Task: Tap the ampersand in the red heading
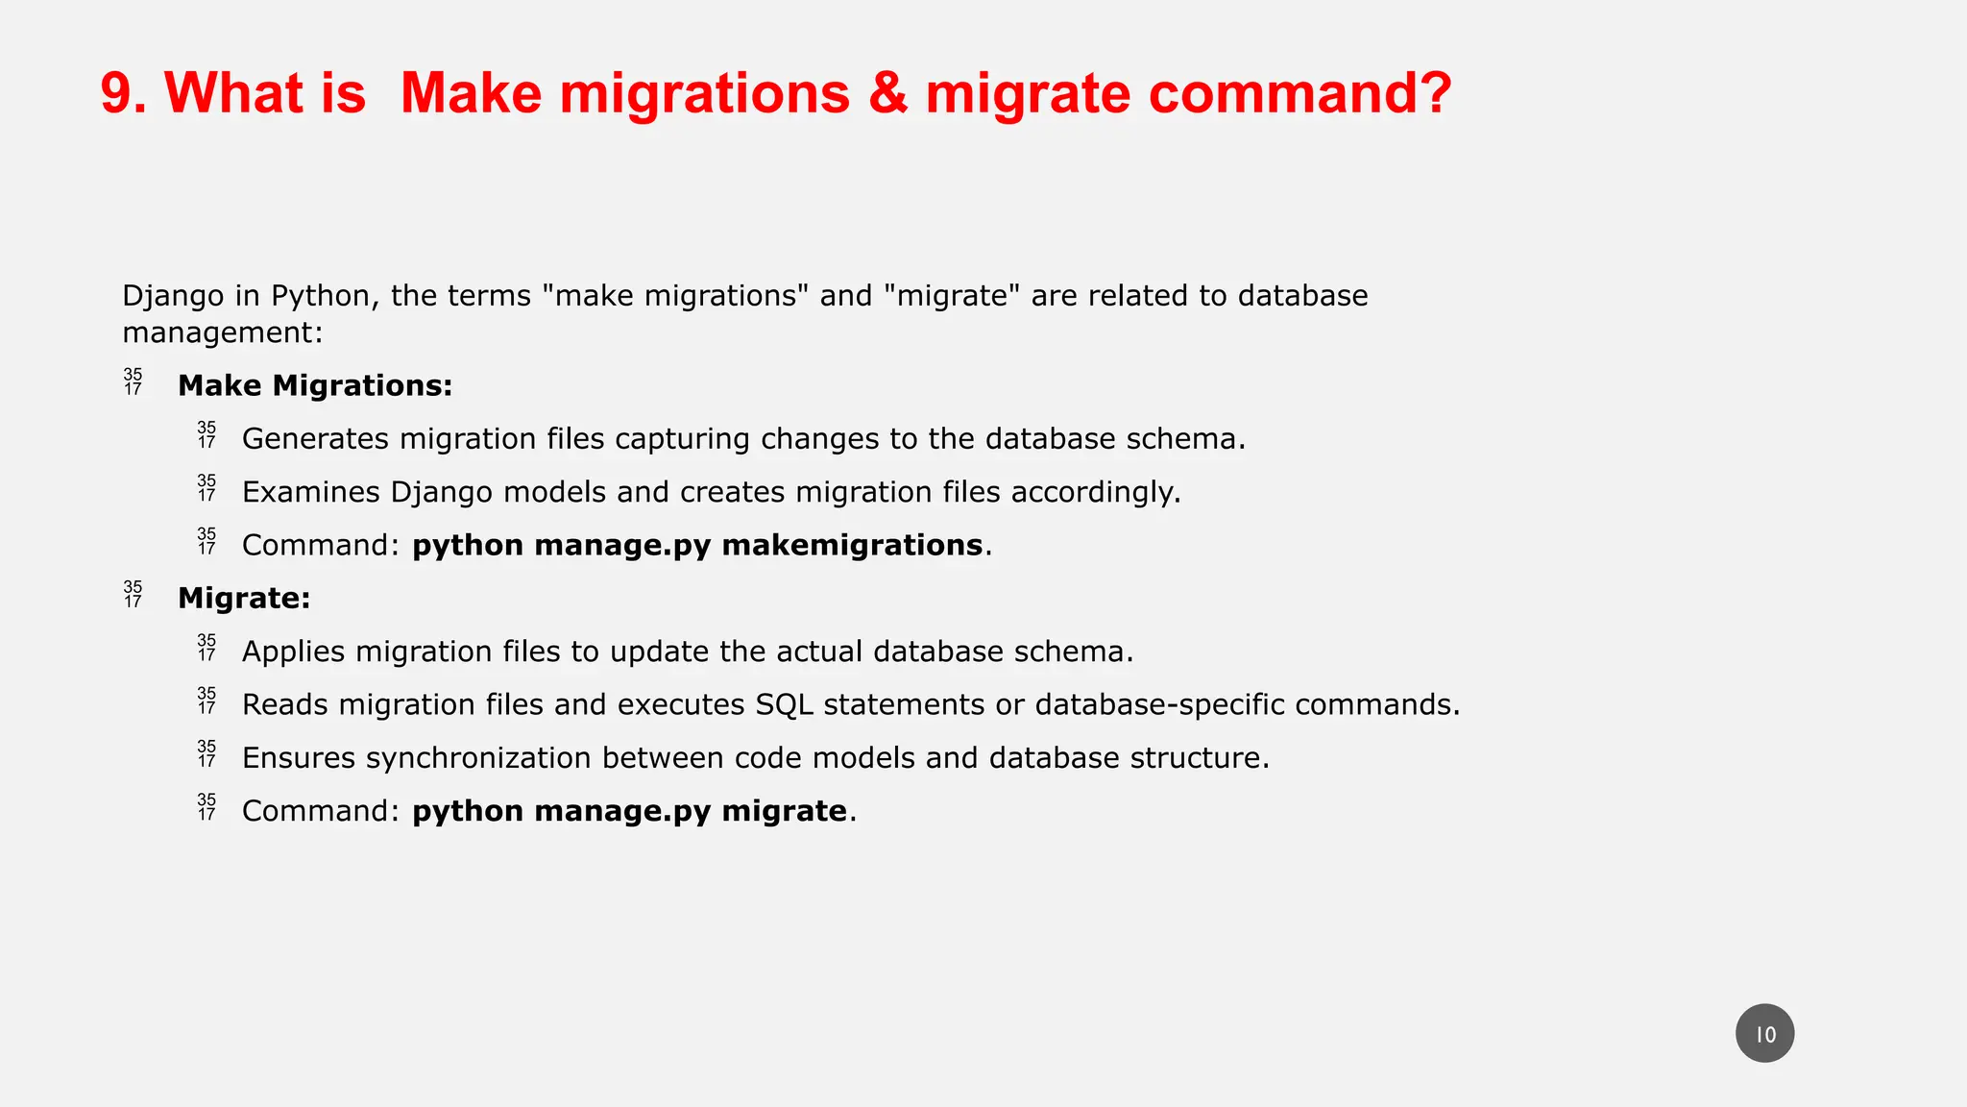click(888, 94)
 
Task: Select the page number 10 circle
click(1764, 1034)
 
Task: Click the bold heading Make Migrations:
click(315, 386)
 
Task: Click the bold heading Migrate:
click(244, 599)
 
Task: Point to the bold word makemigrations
click(852, 546)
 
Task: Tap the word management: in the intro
click(223, 333)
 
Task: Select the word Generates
click(315, 439)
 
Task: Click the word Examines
click(310, 493)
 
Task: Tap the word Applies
click(293, 652)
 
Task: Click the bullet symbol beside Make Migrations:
click(133, 382)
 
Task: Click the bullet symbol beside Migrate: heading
click(133, 595)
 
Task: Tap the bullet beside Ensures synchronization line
click(206, 754)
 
